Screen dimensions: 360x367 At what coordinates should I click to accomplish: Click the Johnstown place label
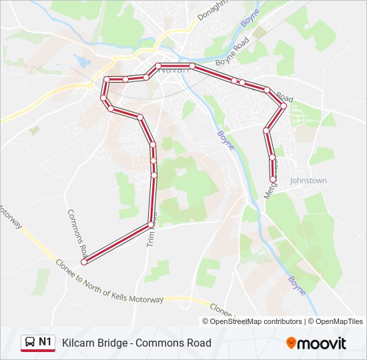pos(308,181)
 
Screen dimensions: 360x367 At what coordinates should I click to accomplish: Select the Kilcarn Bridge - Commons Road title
pos(137,343)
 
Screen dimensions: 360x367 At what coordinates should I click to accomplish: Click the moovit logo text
pos(322,343)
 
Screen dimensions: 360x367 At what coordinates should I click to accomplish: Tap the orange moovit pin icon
pos(291,343)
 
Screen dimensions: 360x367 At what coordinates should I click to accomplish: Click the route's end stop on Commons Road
pos(84,261)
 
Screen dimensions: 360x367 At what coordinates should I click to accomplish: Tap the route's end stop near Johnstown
pos(272,179)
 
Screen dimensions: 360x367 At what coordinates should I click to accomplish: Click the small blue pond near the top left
pos(82,62)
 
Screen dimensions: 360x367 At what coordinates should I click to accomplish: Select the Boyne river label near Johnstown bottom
pos(298,285)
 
